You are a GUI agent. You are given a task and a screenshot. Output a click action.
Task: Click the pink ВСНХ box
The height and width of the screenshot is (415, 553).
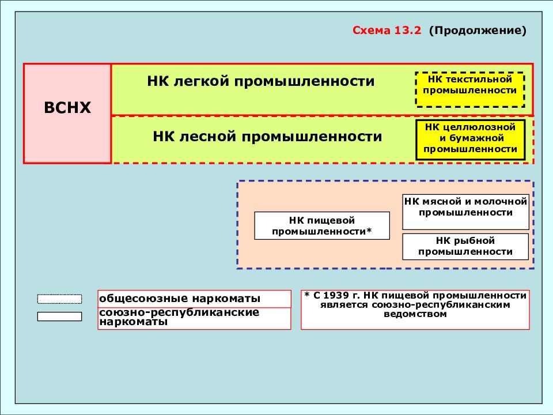pos(67,114)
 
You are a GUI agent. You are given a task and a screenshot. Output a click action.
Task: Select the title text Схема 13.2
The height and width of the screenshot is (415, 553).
pos(387,31)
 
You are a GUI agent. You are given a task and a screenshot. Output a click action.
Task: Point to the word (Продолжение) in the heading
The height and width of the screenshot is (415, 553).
pos(478,31)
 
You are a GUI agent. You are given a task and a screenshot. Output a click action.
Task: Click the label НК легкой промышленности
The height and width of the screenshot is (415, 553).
pos(261,81)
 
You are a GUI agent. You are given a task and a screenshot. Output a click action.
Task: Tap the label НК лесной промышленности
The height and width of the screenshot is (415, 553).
pos(267,137)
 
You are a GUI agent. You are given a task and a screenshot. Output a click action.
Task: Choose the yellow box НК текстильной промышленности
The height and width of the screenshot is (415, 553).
pos(470,90)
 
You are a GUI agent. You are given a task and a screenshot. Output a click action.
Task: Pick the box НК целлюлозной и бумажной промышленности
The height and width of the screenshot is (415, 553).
pos(471,139)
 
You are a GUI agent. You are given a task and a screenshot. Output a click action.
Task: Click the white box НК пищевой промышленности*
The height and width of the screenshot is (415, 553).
pos(322,226)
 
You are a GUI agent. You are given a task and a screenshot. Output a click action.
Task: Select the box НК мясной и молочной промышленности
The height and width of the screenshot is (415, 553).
pos(465,212)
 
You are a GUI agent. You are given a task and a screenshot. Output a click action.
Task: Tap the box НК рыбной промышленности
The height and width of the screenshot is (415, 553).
pos(465,246)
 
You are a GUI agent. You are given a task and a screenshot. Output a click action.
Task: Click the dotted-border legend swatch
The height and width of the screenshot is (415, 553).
pos(59,299)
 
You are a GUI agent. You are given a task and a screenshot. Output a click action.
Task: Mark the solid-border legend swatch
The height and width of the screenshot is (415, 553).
pos(59,316)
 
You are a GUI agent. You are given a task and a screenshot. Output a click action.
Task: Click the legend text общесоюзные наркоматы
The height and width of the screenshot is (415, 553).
pos(180,299)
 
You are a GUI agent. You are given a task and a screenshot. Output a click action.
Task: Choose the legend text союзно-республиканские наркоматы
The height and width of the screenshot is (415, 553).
pos(179,317)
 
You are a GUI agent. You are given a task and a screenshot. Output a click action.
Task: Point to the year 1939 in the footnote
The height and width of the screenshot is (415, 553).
pos(336,295)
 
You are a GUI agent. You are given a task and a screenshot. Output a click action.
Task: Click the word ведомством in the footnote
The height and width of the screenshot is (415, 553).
pos(415,314)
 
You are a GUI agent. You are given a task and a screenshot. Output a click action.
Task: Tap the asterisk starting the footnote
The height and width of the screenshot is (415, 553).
pos(306,295)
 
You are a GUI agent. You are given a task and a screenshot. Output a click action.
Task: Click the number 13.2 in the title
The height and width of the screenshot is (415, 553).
pos(408,31)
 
